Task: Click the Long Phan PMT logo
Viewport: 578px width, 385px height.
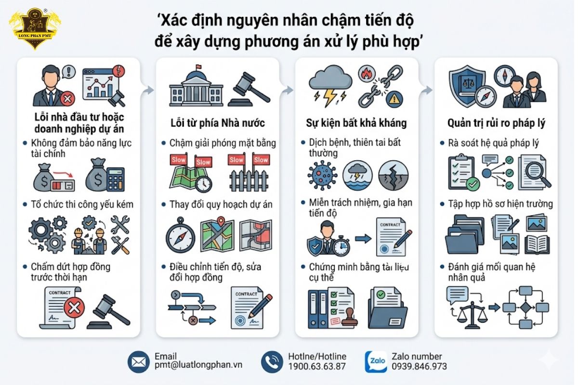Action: tap(35, 29)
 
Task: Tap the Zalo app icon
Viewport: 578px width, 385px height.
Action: tap(376, 362)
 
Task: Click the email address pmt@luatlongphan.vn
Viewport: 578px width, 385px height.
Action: tap(198, 365)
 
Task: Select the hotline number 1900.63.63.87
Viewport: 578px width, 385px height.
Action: tap(316, 366)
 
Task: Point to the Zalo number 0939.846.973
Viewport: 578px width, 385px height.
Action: tap(419, 366)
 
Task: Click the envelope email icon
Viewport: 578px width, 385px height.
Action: tap(139, 362)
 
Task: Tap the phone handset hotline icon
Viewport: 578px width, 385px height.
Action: tap(272, 362)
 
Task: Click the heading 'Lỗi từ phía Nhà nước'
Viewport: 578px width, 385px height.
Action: tap(217, 123)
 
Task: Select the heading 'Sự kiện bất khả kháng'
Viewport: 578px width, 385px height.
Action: tap(356, 123)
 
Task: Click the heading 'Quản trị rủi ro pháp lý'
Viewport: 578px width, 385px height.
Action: tap(496, 123)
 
